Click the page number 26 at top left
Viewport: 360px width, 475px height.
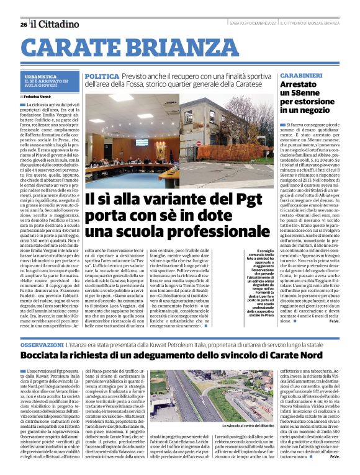23,24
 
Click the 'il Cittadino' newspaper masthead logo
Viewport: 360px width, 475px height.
56,24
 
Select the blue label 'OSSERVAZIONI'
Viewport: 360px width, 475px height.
46,343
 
